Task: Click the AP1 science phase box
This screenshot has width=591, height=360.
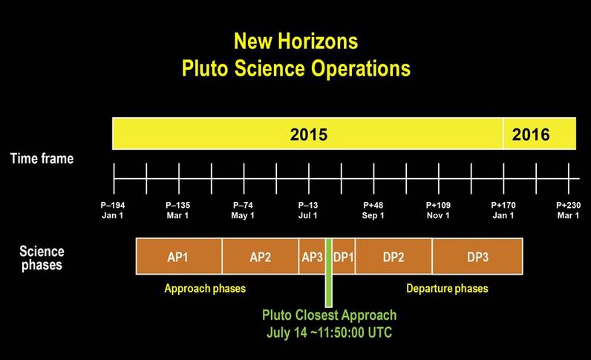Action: coord(179,256)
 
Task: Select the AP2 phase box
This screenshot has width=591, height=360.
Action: coord(261,256)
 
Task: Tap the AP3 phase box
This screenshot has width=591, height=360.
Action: coord(312,256)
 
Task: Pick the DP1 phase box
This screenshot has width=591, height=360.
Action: coord(343,256)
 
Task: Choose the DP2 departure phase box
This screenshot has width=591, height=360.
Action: coord(394,256)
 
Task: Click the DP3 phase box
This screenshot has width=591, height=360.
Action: coord(477,256)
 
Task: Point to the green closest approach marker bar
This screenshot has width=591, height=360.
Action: coord(329,273)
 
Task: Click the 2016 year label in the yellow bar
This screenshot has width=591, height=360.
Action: coord(531,134)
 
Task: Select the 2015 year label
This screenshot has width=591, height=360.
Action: coord(309,134)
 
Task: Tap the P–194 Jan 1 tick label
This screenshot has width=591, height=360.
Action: coord(113,210)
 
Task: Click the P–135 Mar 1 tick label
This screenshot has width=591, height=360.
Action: coord(178,210)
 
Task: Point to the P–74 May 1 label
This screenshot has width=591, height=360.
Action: coord(243,210)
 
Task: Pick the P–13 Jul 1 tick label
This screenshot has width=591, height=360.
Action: coord(308,210)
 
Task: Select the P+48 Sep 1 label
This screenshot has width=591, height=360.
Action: coord(373,210)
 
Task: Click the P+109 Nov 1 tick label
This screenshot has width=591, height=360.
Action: coord(438,210)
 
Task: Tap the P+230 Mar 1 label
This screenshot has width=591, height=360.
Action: coord(569,210)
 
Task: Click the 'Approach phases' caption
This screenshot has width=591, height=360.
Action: coord(205,289)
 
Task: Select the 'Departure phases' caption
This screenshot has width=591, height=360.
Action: coord(447,289)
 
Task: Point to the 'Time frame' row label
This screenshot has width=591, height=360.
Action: coord(42,158)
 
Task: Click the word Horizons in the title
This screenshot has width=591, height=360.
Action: coord(318,41)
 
